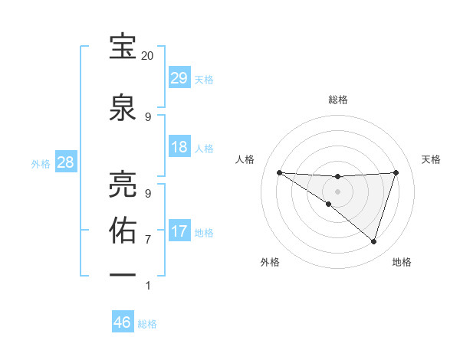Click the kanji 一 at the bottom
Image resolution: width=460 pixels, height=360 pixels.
point(123,274)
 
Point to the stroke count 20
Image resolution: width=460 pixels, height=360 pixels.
point(148,56)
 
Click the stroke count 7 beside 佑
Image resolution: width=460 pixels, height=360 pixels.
point(148,239)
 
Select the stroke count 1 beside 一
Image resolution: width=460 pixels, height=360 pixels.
point(148,285)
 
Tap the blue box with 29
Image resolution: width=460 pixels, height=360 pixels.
point(179,78)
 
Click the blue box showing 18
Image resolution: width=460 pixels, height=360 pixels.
point(179,147)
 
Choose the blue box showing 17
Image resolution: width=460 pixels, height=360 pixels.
point(179,231)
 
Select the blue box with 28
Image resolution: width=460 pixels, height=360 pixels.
point(65,162)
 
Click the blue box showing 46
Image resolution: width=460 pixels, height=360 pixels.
point(123,322)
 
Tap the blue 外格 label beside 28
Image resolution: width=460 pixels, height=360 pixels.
point(41,163)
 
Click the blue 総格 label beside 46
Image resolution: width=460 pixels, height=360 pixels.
point(147,324)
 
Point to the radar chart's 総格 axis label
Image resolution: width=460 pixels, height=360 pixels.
point(338,100)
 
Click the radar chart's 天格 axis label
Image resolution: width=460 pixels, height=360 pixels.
point(431,159)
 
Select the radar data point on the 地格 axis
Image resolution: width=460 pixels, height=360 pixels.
point(374,242)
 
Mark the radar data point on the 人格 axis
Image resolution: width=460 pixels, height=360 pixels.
point(279,172)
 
